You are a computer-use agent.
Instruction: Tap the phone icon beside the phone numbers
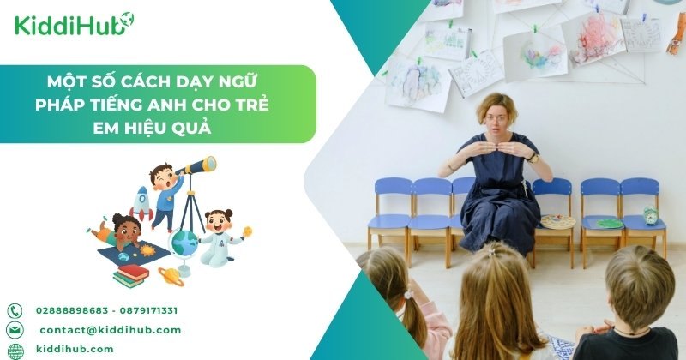(x=15, y=310)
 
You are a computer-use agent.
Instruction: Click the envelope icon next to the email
(x=15, y=330)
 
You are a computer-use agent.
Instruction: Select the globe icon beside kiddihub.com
(x=15, y=350)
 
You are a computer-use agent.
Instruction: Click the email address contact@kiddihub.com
(x=110, y=330)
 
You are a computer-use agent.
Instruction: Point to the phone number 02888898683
(x=71, y=310)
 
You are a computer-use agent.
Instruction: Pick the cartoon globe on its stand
(x=184, y=245)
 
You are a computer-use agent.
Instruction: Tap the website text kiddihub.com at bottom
(x=75, y=350)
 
